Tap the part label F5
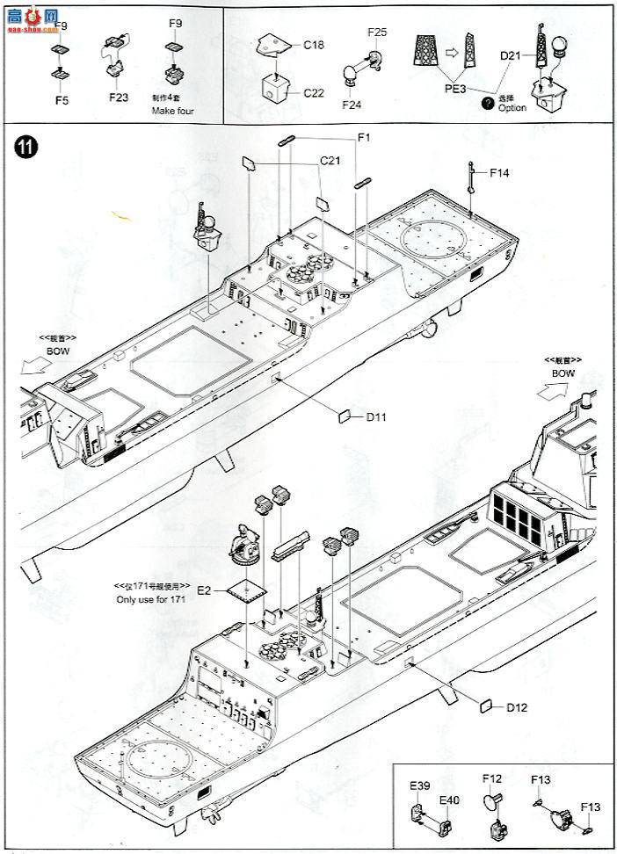tap(61, 100)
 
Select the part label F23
tap(120, 98)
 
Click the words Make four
tap(172, 112)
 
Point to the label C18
tap(315, 44)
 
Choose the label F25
tap(377, 33)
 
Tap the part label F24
tap(352, 104)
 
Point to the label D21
tap(512, 57)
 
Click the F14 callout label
tap(499, 172)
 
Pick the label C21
tap(330, 161)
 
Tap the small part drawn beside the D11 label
tap(345, 415)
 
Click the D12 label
tap(515, 707)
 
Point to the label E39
tap(419, 785)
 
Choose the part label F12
tap(491, 778)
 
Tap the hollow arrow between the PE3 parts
tap(452, 52)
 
